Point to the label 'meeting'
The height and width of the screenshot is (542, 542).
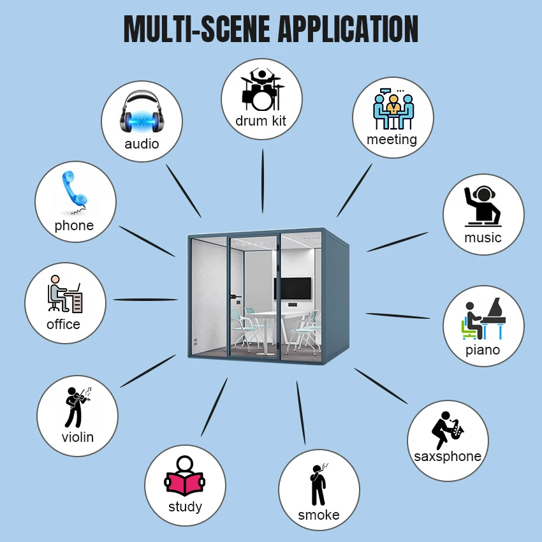392,140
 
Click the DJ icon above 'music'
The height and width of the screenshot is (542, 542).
483,205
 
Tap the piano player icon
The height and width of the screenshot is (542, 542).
482,318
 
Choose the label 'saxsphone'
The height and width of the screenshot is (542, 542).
447,457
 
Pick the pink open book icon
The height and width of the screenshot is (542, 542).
184,479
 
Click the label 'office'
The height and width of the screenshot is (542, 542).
64,324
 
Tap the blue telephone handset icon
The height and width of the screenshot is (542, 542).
75,192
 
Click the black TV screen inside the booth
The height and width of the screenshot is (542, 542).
293,288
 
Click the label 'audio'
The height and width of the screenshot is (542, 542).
142,143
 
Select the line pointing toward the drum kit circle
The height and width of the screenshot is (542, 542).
262,181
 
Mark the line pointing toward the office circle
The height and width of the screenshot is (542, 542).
145,299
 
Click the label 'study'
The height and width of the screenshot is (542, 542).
185,507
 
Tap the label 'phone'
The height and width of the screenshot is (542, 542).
74,226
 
